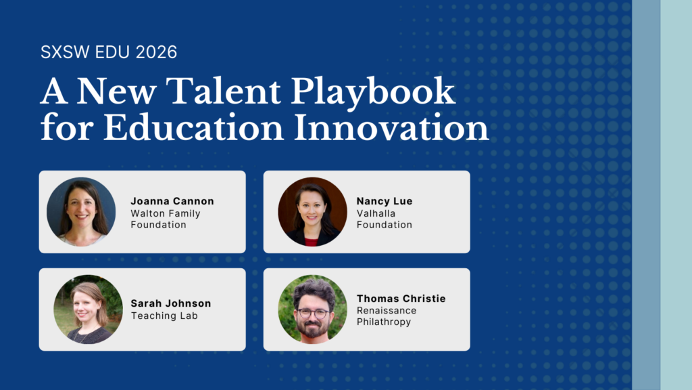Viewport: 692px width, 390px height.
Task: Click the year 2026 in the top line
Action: [x=156, y=52]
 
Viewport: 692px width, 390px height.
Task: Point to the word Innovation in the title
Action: [x=391, y=128]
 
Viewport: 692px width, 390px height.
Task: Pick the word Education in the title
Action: [x=193, y=128]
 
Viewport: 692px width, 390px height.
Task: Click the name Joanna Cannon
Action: [x=172, y=201]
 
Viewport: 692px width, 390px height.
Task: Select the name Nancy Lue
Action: [x=385, y=201]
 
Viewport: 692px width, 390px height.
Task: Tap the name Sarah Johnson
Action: [x=171, y=303]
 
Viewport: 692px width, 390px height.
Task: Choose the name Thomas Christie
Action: [x=401, y=299]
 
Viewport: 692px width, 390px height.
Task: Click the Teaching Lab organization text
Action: [x=164, y=316]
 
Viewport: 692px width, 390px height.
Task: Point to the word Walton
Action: [x=147, y=213]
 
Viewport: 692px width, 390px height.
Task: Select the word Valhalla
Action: [x=376, y=213]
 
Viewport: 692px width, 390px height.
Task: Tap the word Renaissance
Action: [x=387, y=311]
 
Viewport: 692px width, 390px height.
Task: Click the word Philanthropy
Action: [x=384, y=322]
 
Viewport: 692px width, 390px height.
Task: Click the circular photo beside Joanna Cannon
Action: [x=81, y=212]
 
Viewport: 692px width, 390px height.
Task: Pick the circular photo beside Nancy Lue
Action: [x=312, y=212]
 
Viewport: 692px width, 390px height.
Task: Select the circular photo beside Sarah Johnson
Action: [x=89, y=309]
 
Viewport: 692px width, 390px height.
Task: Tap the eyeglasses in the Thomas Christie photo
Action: [x=313, y=314]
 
